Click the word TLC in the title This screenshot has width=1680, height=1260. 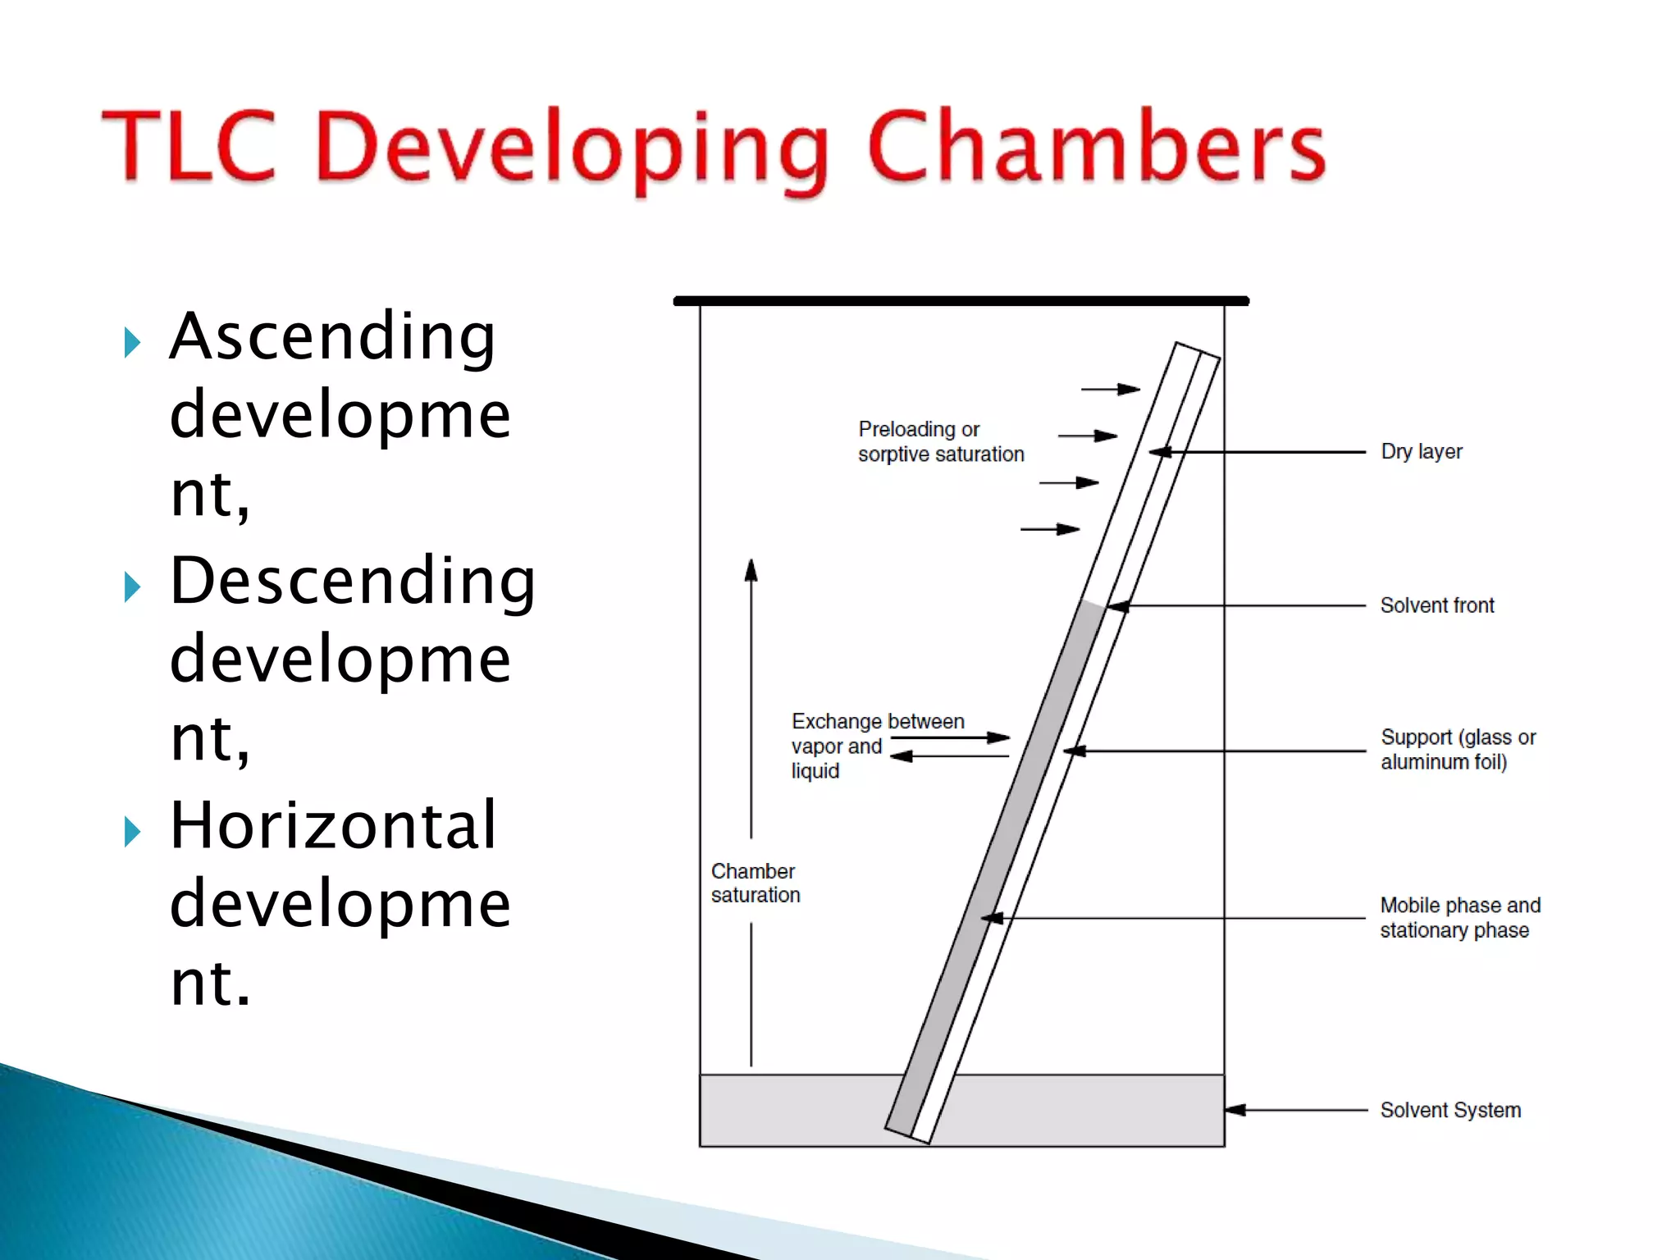[x=189, y=145]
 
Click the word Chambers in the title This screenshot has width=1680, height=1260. [x=1096, y=145]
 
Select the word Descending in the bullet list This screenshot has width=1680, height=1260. [x=353, y=581]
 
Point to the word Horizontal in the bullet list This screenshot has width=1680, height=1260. [x=333, y=825]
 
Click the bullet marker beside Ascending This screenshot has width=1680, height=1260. [x=132, y=342]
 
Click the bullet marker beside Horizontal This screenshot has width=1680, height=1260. [x=132, y=832]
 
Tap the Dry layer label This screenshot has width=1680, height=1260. [x=1421, y=452]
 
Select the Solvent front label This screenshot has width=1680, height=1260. [x=1436, y=605]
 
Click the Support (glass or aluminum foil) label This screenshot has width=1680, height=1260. [x=1457, y=749]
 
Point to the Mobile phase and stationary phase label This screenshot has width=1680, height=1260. [x=1459, y=917]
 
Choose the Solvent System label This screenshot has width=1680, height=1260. [x=1449, y=1110]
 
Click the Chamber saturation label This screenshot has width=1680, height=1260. [x=755, y=883]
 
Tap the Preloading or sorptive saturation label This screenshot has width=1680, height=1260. [x=940, y=441]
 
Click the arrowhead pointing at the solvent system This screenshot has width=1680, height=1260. [x=1235, y=1110]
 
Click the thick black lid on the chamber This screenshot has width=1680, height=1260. [x=961, y=301]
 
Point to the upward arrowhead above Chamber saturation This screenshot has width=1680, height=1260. [x=751, y=569]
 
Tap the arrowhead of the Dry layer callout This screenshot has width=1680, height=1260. [x=1159, y=452]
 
